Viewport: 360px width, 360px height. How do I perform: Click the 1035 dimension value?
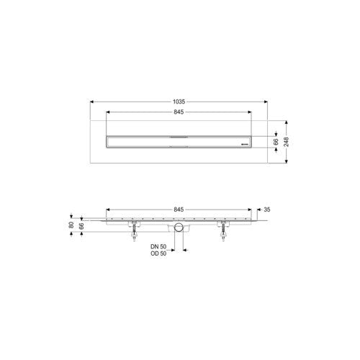click(179, 102)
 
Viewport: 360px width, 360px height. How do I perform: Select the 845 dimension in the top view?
click(179, 112)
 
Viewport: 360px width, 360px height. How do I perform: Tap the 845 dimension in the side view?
click(179, 210)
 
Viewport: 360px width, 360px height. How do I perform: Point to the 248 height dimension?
click(286, 142)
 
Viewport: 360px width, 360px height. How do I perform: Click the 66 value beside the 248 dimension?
click(276, 142)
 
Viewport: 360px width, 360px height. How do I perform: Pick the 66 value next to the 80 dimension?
click(81, 226)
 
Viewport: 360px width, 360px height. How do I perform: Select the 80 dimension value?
click(71, 225)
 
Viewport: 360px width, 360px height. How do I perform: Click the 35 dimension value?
click(267, 210)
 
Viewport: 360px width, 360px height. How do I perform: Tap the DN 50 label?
click(158, 246)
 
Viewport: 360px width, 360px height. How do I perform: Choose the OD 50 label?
click(158, 253)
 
